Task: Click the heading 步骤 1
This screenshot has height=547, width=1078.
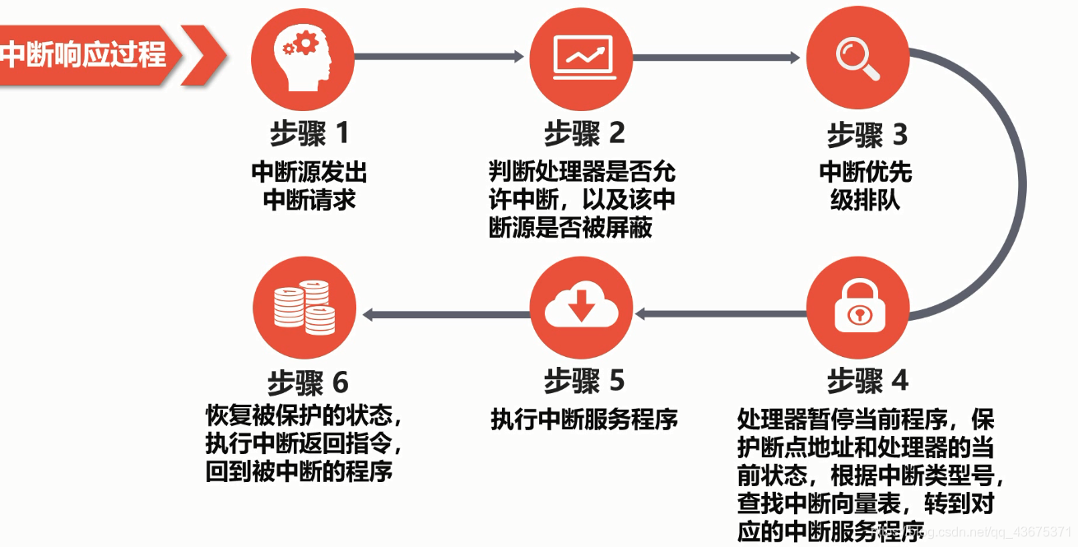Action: (309, 133)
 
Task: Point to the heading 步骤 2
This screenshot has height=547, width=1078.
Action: (583, 133)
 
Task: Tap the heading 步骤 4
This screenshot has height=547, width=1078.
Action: (867, 381)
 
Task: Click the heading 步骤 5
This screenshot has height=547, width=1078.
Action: (583, 381)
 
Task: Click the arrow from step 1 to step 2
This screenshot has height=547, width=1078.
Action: (439, 56)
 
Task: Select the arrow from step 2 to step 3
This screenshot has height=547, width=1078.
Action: (716, 57)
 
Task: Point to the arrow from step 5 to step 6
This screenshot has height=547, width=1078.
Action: (444, 313)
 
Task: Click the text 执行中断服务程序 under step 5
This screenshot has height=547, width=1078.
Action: (583, 420)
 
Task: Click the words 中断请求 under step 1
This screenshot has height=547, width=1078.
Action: (309, 200)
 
